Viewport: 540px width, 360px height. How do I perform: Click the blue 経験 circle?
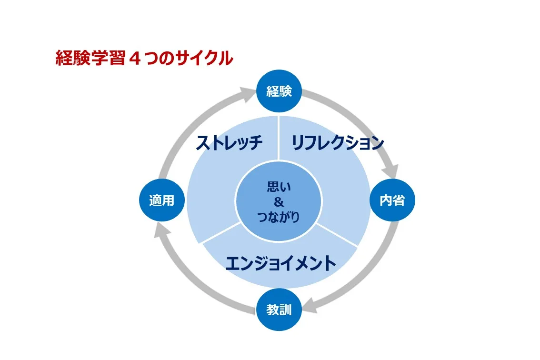tap(279, 91)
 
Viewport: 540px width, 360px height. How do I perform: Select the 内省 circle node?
tap(392, 200)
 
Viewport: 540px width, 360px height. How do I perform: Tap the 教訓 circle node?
tap(279, 310)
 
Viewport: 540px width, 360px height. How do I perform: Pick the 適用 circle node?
tap(162, 200)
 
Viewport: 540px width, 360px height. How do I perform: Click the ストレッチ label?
tap(229, 142)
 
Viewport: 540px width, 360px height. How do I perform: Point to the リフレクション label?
tap(337, 142)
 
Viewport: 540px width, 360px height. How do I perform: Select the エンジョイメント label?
tap(280, 263)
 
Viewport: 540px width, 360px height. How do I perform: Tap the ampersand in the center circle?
tap(279, 202)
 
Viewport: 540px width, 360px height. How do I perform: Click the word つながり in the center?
tap(279, 218)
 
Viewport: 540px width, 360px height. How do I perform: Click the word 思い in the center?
tap(279, 187)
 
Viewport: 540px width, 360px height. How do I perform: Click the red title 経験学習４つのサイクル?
tap(144, 59)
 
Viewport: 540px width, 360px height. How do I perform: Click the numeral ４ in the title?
tap(133, 59)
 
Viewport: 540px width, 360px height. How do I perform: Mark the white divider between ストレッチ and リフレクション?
tap(279, 138)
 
